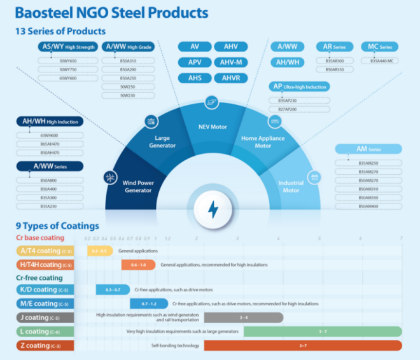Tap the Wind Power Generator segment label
click(138, 186)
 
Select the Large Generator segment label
click(162, 142)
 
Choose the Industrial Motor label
click(291, 186)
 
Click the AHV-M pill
click(230, 62)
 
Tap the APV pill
click(195, 62)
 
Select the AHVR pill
click(230, 78)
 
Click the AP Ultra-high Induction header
click(299, 87)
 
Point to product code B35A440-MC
click(382, 60)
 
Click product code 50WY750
click(68, 69)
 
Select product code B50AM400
click(368, 206)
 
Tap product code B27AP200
click(288, 109)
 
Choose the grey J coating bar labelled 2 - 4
click(244, 317)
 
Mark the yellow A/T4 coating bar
click(100, 251)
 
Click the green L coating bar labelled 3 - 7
click(323, 331)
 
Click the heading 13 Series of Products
click(60, 31)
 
